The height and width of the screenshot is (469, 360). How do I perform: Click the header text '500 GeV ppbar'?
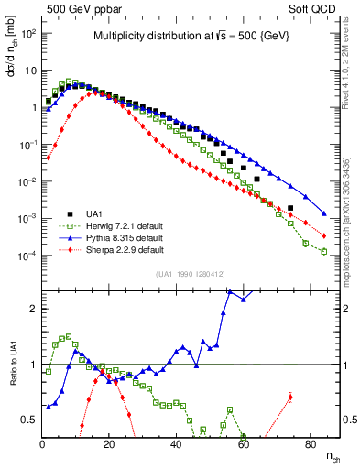pyautogui.click(x=78, y=8)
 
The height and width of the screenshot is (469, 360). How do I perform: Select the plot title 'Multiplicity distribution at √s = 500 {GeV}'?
pyautogui.click(x=191, y=37)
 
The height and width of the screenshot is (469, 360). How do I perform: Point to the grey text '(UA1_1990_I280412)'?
pyautogui.click(x=191, y=274)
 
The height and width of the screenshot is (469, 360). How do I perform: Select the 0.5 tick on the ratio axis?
pyautogui.click(x=29, y=420)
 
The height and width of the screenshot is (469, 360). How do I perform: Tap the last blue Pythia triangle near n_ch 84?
pyautogui.click(x=324, y=214)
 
